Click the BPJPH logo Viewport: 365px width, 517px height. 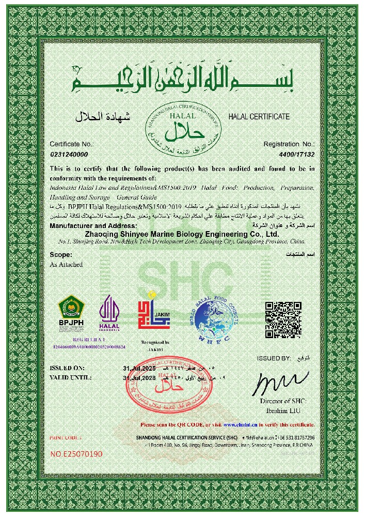pyautogui.click(x=71, y=311)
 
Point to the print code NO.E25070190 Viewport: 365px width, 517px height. pyautogui.click(x=76, y=454)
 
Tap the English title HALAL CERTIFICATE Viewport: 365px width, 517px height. pyautogui.click(x=259, y=117)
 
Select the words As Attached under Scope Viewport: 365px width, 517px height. pyautogui.click(x=66, y=264)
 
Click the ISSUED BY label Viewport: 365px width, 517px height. pyautogui.click(x=274, y=358)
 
